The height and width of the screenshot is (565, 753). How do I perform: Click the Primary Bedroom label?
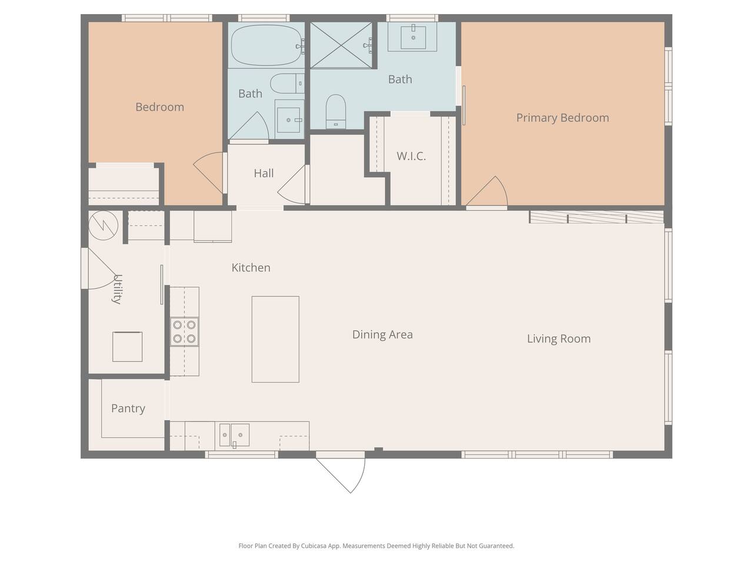point(562,118)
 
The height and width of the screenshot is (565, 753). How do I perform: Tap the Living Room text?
point(558,338)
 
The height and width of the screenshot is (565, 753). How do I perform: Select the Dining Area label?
point(382,334)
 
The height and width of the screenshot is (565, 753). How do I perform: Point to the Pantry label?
point(128,408)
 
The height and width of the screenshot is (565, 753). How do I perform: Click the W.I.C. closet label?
point(411,156)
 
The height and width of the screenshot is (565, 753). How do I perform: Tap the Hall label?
point(264,173)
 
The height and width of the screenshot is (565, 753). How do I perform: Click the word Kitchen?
point(251,268)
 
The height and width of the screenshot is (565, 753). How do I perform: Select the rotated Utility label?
point(117,289)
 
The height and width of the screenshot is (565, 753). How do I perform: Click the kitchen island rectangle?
point(275,339)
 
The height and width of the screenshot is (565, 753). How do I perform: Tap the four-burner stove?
point(184,331)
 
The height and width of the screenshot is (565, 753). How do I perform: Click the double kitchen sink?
point(234,435)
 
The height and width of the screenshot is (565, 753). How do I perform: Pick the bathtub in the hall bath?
point(266,45)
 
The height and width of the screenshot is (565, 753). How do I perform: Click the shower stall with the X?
point(341,45)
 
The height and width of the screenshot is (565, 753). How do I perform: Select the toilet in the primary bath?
point(335,111)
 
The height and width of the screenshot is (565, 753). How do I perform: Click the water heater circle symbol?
point(104,225)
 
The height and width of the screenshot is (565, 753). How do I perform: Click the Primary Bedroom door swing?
point(486,191)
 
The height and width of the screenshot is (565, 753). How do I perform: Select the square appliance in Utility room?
point(127,347)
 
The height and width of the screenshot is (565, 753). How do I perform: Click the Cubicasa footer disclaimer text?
point(376,546)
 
